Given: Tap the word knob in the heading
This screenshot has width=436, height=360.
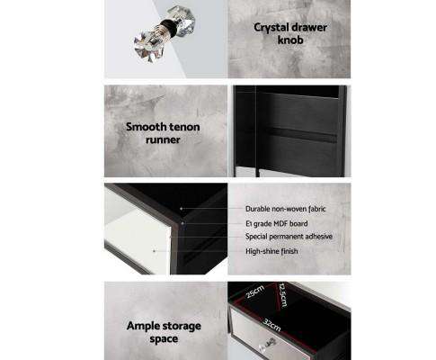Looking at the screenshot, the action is coord(290,40).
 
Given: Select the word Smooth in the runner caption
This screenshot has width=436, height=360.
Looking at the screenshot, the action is coord(144,127).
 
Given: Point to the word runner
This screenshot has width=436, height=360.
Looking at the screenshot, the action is coord(163,139).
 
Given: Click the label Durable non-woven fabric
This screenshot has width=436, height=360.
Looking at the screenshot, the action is coord(286,209).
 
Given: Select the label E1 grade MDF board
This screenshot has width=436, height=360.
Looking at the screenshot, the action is coord(277,223).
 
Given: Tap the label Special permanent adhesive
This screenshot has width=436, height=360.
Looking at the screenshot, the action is coord(289,237).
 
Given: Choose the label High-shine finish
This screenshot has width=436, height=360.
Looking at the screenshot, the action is coord(271,251).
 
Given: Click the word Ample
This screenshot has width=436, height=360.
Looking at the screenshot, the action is coord(143,326).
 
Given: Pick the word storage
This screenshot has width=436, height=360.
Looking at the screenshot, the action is coord(181,327).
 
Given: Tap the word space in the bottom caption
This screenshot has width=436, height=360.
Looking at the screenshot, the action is coord(164,339).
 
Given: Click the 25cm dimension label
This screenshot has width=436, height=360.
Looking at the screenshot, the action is coord(255,292).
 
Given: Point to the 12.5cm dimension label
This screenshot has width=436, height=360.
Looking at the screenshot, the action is coord(282,294).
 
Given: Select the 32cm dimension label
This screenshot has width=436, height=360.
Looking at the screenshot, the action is coord(271,325).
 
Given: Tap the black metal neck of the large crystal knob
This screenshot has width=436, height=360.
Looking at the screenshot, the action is coord(169,25).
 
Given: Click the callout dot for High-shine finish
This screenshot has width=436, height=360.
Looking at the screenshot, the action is coord(154,251).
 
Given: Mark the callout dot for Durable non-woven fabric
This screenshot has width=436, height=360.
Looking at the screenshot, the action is coord(182,208).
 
